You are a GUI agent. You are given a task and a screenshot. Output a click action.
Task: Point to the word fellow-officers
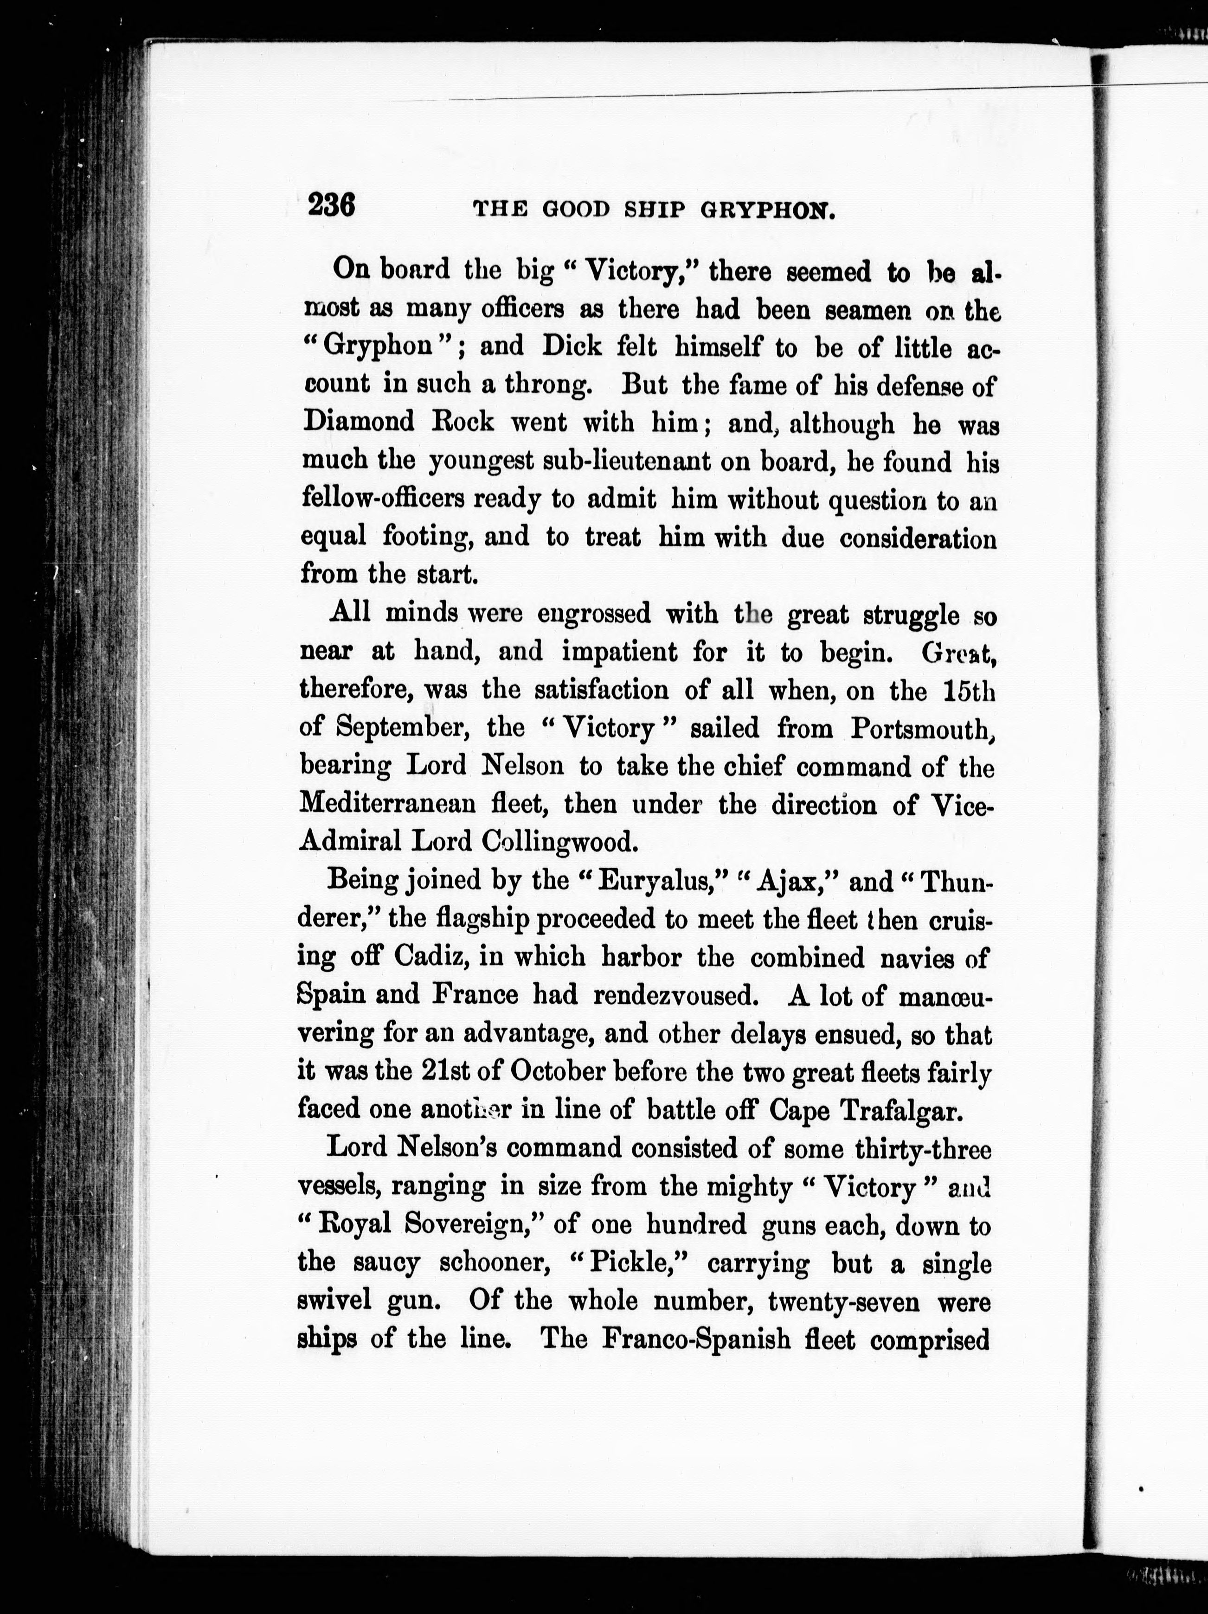(x=383, y=499)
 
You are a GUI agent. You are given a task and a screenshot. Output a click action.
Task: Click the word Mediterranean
(x=387, y=804)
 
